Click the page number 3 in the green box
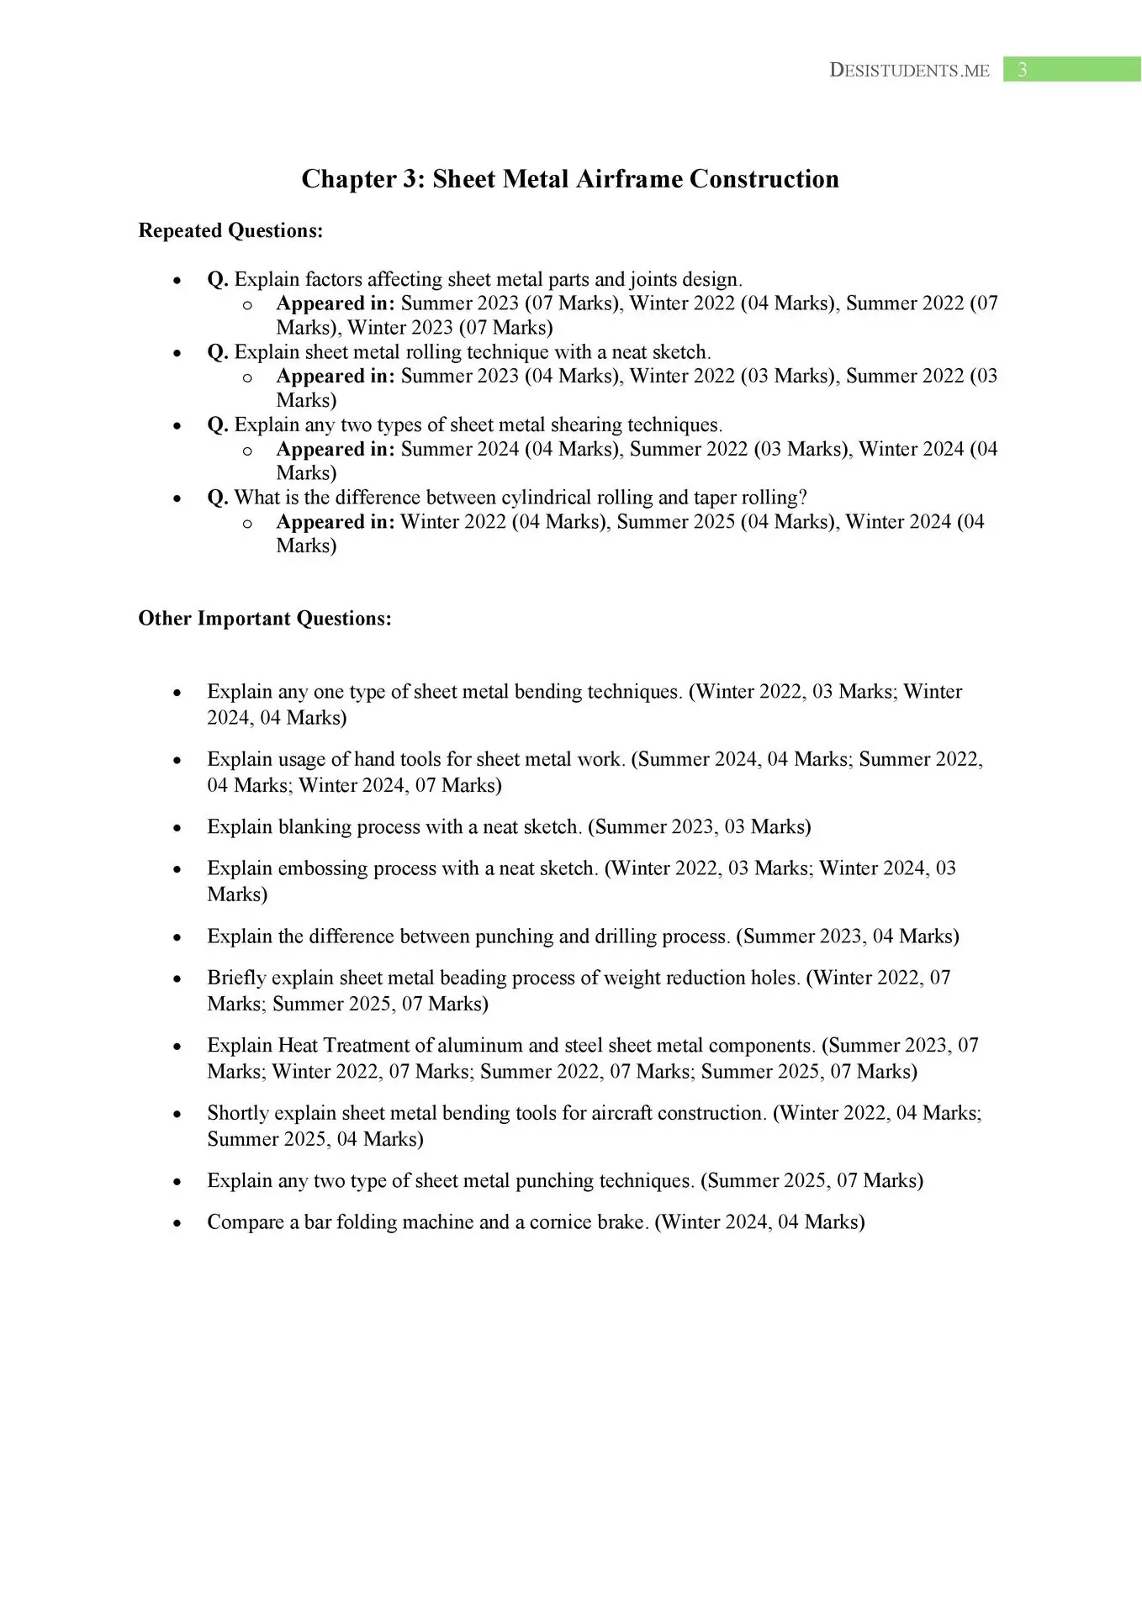click(x=1022, y=70)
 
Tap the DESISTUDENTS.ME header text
click(x=909, y=71)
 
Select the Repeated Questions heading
click(x=230, y=230)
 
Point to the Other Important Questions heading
click(x=265, y=619)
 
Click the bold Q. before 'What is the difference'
click(x=218, y=498)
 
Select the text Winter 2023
click(x=399, y=327)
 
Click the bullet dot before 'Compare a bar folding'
click(x=177, y=1223)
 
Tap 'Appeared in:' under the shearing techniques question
click(x=335, y=449)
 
